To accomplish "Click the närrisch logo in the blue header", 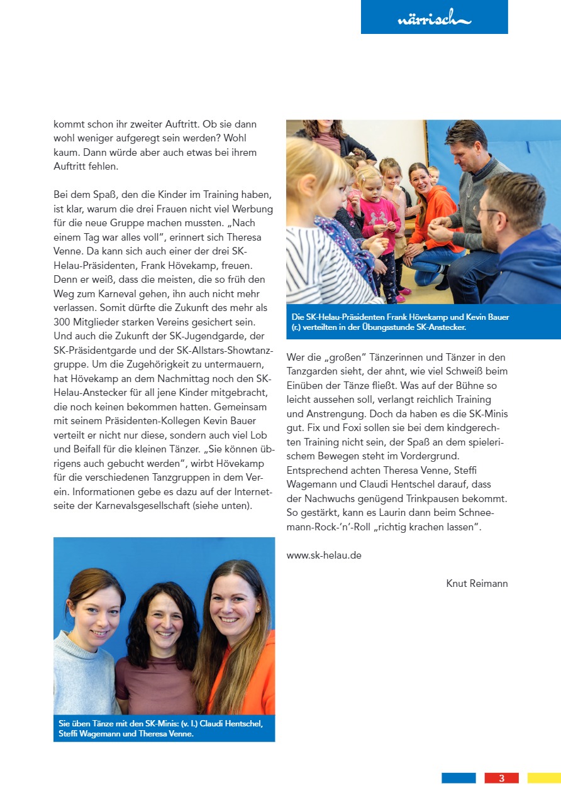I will pyautogui.click(x=434, y=19).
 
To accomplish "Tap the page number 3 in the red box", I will pyautogui.click(x=501, y=778).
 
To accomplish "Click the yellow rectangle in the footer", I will pyautogui.click(x=544, y=778).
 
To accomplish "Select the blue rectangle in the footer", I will pyautogui.click(x=458, y=778).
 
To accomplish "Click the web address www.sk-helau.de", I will pyautogui.click(x=324, y=555).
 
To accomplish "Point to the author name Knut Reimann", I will pyautogui.click(x=477, y=584).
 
